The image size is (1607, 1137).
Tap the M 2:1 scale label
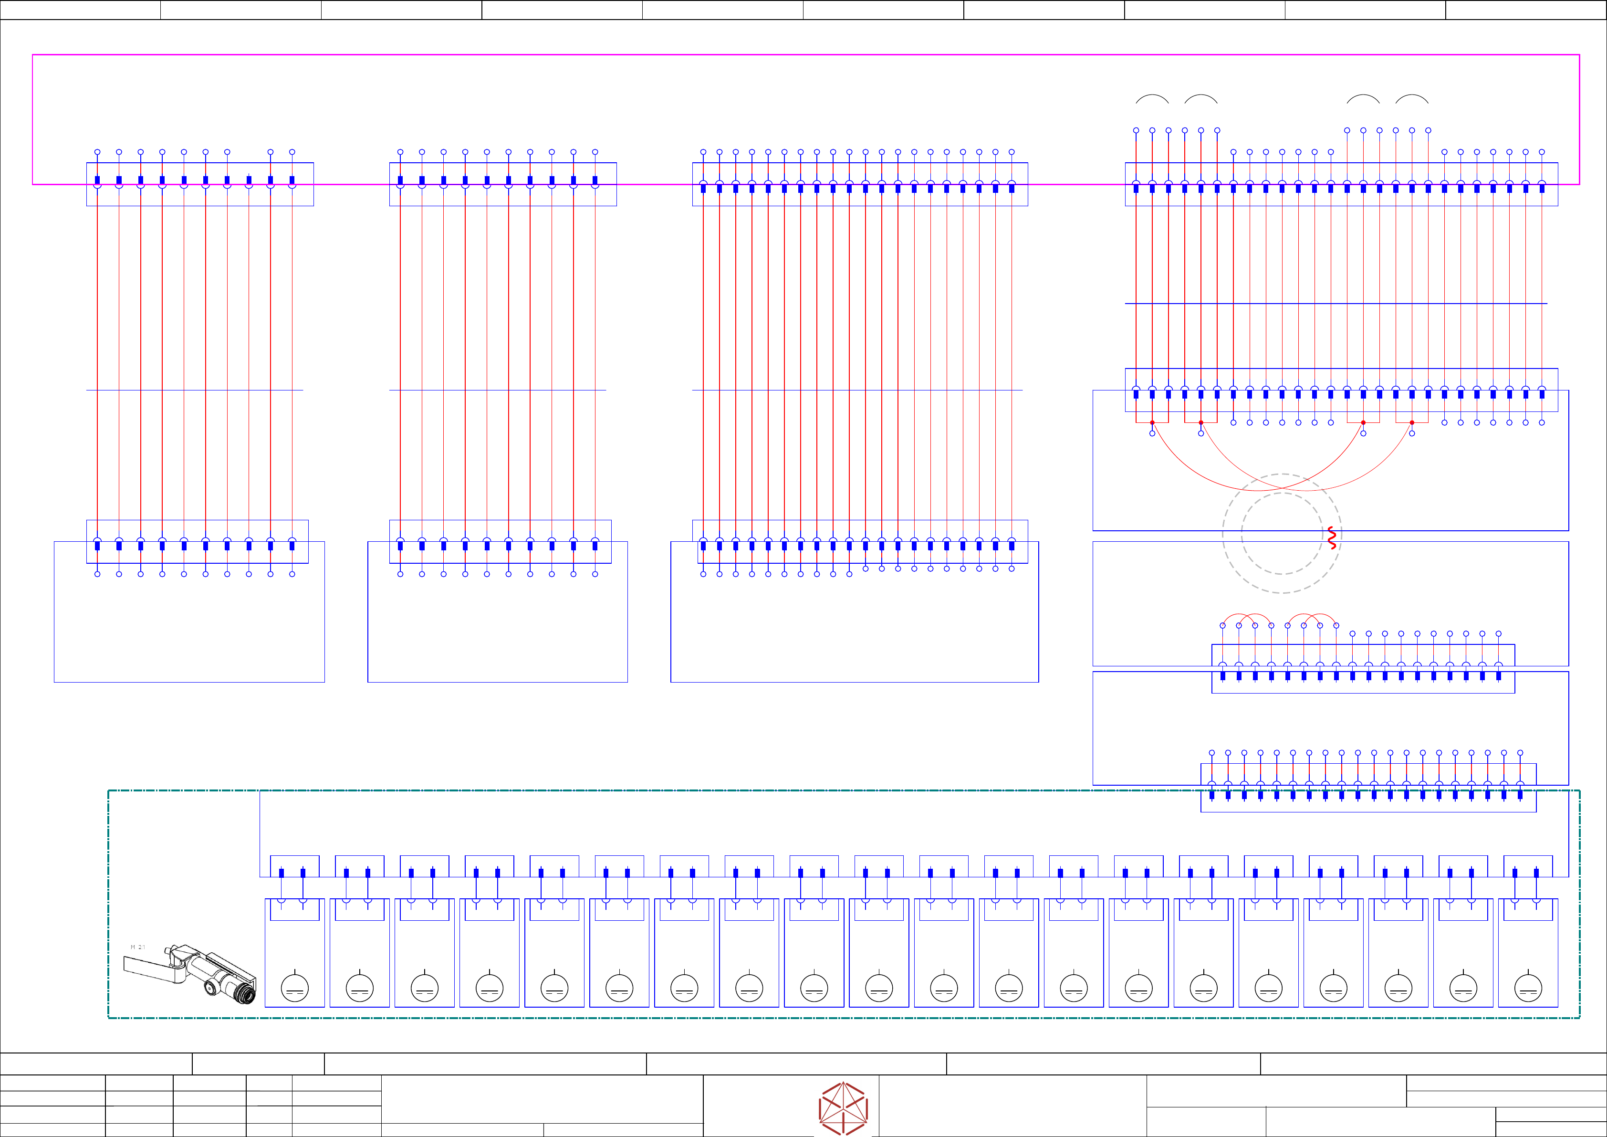[x=138, y=947]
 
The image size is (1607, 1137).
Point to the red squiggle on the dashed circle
[x=1332, y=537]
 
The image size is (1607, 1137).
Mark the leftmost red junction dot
[x=1152, y=422]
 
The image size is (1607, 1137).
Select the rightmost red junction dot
[x=1412, y=422]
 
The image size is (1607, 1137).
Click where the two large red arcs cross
[x=1282, y=484]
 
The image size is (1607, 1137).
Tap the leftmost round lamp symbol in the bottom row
[x=295, y=988]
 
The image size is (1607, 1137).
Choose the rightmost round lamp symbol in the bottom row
[x=1528, y=988]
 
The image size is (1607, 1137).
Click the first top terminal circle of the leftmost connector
[x=97, y=152]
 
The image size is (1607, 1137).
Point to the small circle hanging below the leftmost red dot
[x=1152, y=433]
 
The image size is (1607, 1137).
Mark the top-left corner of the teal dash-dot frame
[x=108, y=790]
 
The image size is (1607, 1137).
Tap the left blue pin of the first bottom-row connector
[x=282, y=873]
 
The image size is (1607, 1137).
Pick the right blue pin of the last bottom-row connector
[x=1536, y=873]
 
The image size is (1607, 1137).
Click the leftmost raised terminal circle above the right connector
[x=1136, y=130]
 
